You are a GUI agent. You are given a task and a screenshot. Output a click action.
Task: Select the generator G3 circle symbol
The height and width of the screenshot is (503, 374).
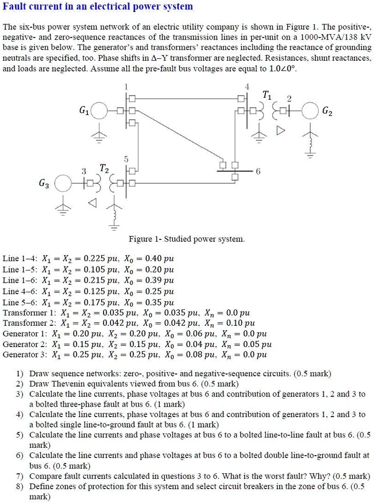click(x=64, y=183)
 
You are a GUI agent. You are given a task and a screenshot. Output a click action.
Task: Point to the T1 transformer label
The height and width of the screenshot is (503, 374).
click(x=266, y=95)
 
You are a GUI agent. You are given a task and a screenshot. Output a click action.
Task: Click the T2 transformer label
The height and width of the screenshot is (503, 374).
click(x=105, y=169)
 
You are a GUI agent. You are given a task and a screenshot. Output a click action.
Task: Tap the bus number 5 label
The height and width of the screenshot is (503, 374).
click(x=127, y=159)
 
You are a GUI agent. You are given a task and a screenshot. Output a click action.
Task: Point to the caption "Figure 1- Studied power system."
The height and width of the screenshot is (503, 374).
click(x=187, y=239)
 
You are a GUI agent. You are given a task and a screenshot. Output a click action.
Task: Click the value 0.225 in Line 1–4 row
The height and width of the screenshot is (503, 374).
click(x=94, y=259)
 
